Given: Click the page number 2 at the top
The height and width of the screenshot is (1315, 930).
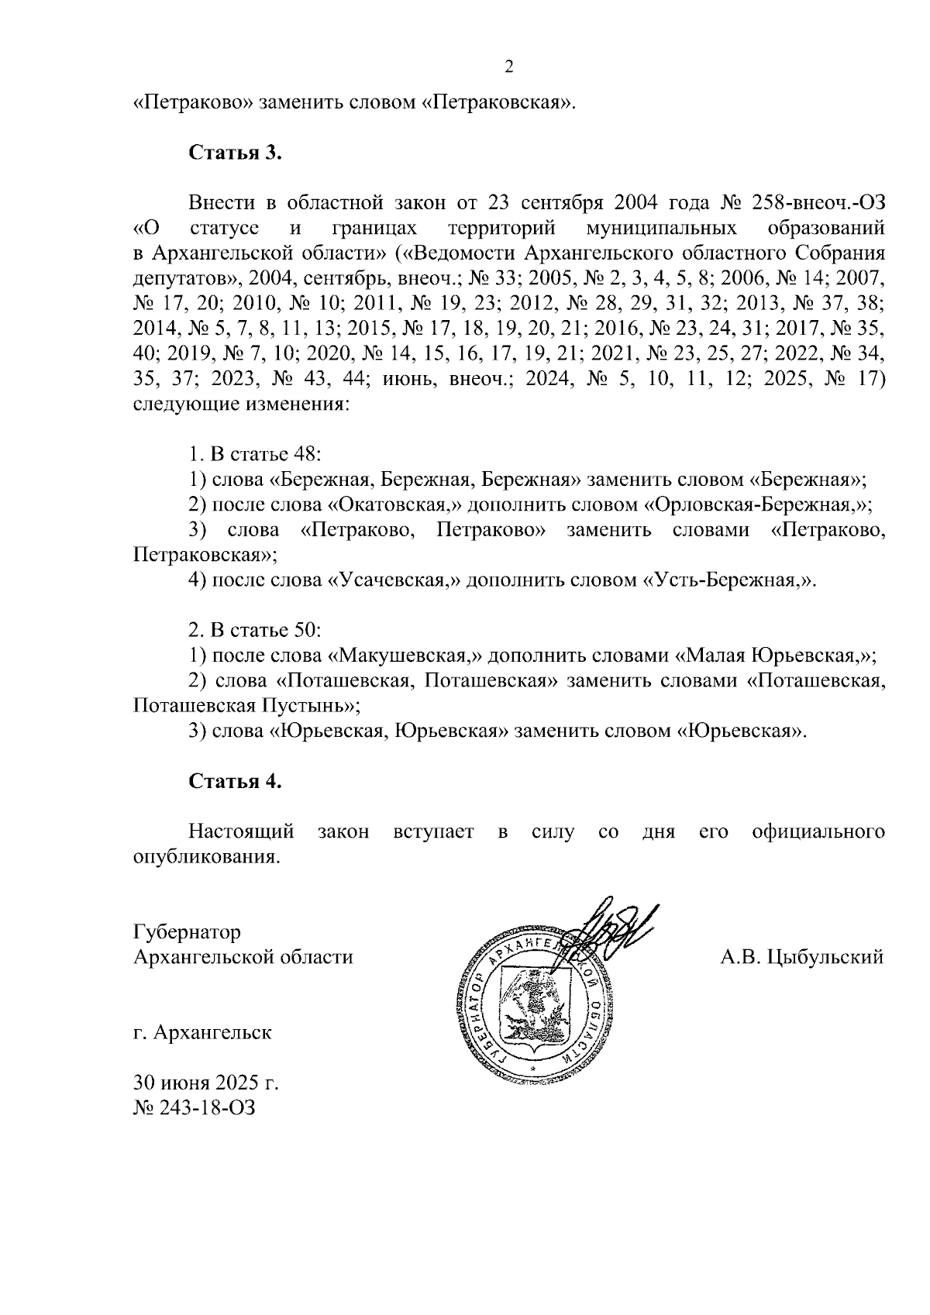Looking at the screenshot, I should click(509, 67).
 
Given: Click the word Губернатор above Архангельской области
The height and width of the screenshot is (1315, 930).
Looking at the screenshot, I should click(187, 931).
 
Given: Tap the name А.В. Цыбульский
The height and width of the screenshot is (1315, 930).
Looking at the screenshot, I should click(801, 957).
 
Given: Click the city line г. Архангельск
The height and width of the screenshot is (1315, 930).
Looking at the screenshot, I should click(202, 1033).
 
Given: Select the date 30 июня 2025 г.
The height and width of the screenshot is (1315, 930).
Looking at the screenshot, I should click(205, 1083).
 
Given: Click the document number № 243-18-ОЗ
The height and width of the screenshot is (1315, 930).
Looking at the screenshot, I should click(194, 1108).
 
